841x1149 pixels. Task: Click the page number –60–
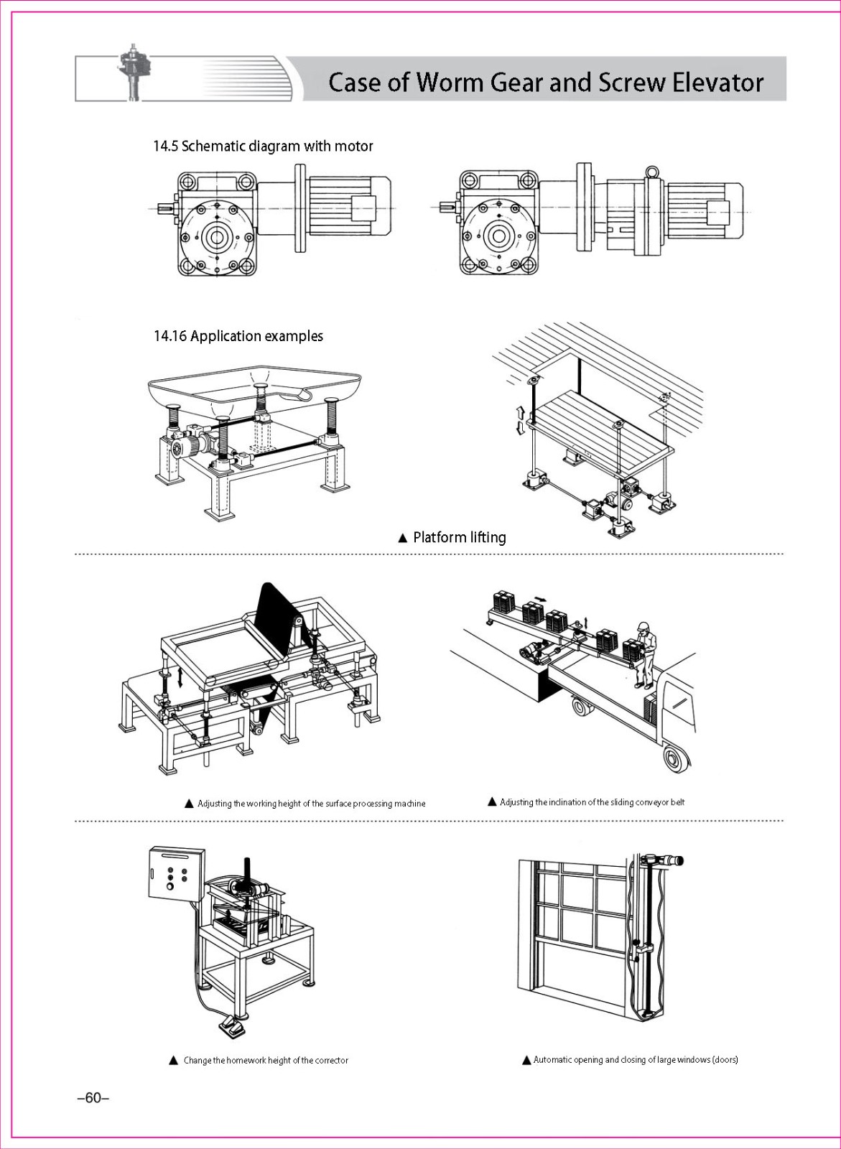pyautogui.click(x=93, y=1098)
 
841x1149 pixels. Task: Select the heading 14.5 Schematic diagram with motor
pyautogui.click(x=263, y=146)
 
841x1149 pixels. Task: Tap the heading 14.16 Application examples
pyautogui.click(x=238, y=336)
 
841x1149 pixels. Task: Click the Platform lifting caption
pyautogui.click(x=459, y=537)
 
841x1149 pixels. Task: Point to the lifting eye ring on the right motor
pyautogui.click(x=651, y=172)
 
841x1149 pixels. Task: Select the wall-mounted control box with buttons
pyautogui.click(x=176, y=873)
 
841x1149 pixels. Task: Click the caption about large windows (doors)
pyautogui.click(x=636, y=1059)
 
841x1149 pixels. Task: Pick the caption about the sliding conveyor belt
pyautogui.click(x=592, y=802)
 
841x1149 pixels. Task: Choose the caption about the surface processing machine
pyautogui.click(x=311, y=804)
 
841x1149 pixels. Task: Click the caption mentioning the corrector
pyautogui.click(x=265, y=1060)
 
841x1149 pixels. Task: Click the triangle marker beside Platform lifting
pyautogui.click(x=403, y=538)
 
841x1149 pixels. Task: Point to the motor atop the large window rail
pyautogui.click(x=665, y=860)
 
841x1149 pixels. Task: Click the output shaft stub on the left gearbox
pyautogui.click(x=166, y=208)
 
